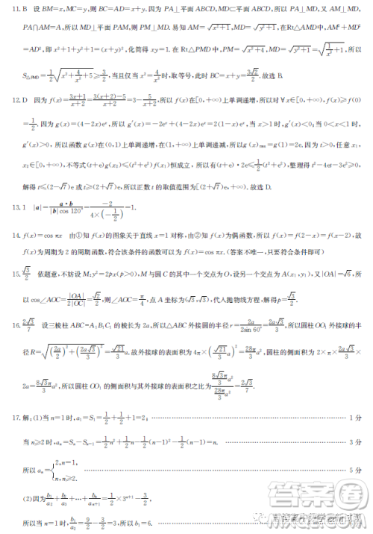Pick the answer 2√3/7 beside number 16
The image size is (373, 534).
pos(26,324)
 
